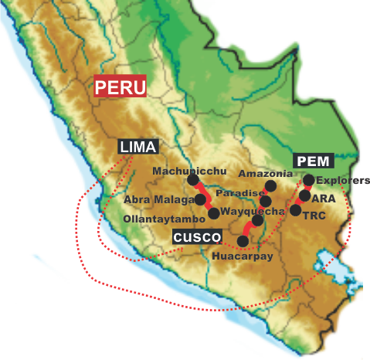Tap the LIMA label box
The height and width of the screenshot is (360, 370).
tap(138, 146)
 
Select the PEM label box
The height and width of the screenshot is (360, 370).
tap(314, 161)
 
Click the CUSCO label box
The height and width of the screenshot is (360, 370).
tap(197, 236)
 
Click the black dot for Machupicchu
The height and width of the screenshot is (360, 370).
tap(193, 180)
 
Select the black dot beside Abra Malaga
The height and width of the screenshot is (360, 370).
tap(200, 199)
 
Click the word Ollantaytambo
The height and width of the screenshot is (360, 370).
tap(159, 219)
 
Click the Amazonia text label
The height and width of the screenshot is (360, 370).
tap(264, 173)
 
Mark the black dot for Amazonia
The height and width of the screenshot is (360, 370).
tap(270, 186)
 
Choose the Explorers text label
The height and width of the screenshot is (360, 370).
tap(343, 181)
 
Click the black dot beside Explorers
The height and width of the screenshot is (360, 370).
tap(308, 180)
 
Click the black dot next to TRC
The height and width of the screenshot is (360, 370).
tap(295, 209)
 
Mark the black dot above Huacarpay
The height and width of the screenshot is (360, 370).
tap(243, 241)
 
